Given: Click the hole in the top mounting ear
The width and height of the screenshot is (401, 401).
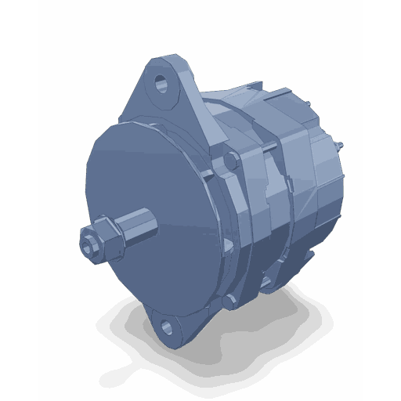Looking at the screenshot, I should tap(162, 81).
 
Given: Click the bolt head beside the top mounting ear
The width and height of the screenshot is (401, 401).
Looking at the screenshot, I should tap(230, 161).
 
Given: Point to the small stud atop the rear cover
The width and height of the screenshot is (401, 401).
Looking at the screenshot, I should tap(311, 106).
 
